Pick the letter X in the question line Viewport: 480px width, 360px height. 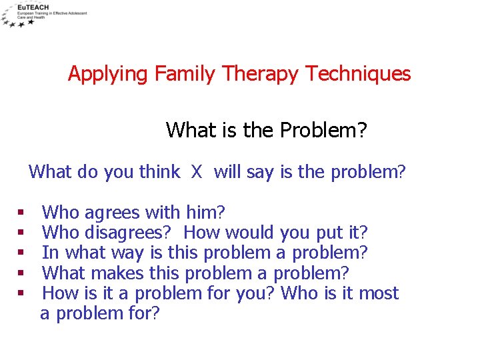[x=197, y=172]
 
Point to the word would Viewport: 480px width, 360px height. [x=251, y=233]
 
